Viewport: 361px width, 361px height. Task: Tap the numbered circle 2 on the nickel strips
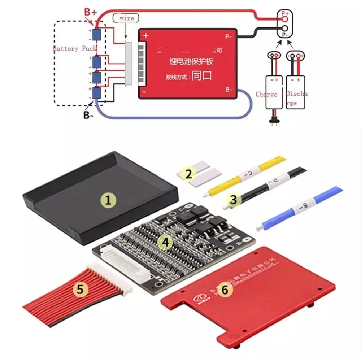(188, 174)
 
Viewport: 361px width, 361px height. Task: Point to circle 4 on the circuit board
(165, 243)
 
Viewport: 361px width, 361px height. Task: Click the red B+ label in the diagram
(91, 12)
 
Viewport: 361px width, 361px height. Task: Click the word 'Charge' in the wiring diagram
(266, 94)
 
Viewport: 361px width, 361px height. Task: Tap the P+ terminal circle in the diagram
(285, 18)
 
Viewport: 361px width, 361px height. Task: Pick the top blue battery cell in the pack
(96, 35)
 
